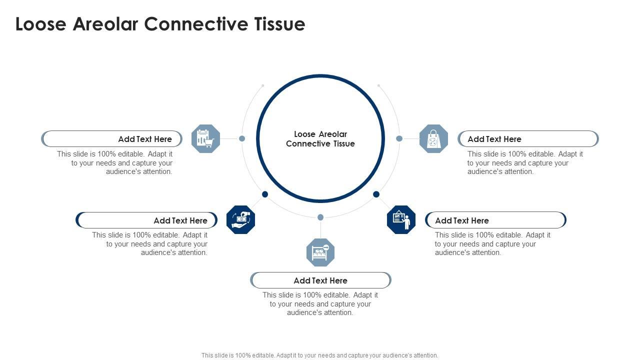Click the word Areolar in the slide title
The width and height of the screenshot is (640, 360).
coord(105,24)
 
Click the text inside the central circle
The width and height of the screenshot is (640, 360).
coord(320,139)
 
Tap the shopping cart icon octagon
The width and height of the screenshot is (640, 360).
coord(205,138)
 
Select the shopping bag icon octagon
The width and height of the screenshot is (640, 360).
coord(433,138)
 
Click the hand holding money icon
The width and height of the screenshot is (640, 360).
coord(240,219)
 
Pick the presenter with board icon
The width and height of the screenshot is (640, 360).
coord(401,219)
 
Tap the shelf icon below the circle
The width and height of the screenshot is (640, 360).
coord(320,252)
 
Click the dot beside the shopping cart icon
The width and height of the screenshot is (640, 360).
coord(242,138)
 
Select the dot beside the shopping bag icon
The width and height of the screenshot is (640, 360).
coord(399,138)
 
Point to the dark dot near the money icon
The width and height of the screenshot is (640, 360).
coord(265,194)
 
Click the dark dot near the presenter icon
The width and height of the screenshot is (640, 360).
coord(376,194)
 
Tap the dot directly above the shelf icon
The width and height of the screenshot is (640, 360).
coord(320,217)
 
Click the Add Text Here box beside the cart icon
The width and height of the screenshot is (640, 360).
coord(112,139)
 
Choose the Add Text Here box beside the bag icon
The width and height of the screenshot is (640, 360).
coord(528,139)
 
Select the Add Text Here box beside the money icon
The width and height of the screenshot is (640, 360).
coord(147,220)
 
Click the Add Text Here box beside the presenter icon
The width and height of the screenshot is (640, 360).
coord(495,220)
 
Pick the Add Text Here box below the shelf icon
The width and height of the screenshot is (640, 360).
coord(320,280)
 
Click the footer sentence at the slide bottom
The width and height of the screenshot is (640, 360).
coord(320,355)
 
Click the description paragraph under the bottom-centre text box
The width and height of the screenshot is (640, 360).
coord(320,304)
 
